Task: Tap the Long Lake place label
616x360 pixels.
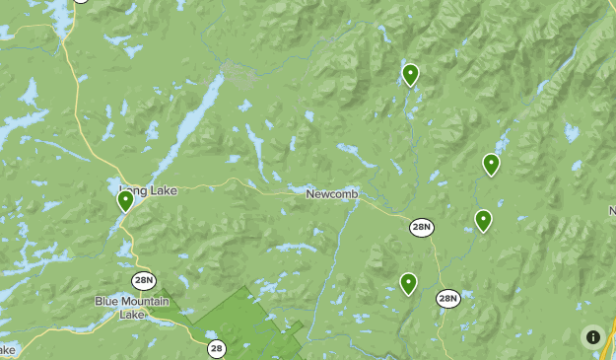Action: click(x=149, y=190)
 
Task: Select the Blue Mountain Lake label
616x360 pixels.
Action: click(x=132, y=307)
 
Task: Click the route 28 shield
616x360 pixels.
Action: click(x=217, y=348)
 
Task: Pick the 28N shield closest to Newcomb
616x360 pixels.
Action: click(x=421, y=228)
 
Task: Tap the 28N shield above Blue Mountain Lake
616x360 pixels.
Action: click(x=144, y=280)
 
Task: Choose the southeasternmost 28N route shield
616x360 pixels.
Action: click(x=448, y=298)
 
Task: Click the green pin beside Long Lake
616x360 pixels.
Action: click(x=125, y=200)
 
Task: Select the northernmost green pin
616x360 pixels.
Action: click(x=410, y=73)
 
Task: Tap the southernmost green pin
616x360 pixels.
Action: click(x=408, y=283)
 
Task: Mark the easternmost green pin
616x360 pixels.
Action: click(x=491, y=164)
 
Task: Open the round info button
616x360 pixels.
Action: click(x=592, y=336)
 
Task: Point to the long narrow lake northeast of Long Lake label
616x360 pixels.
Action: click(x=192, y=123)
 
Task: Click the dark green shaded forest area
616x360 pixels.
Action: click(x=246, y=321)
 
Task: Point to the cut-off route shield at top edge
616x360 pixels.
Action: click(x=81, y=2)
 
